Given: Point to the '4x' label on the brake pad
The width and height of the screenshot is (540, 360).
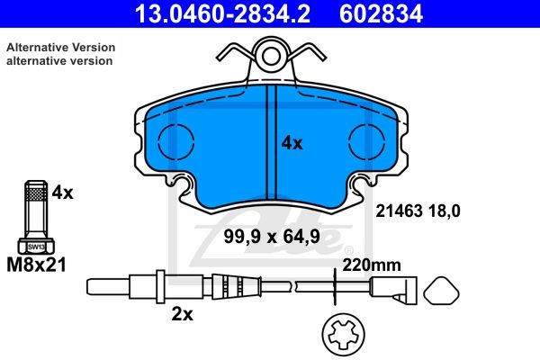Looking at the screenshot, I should (x=292, y=142).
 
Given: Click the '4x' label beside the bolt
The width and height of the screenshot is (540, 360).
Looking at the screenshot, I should (x=61, y=192).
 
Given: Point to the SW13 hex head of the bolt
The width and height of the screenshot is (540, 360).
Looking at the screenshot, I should (x=35, y=245).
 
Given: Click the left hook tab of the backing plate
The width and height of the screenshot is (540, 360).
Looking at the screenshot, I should (x=184, y=190).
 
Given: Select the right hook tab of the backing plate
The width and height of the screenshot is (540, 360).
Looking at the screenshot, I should (x=357, y=190).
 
